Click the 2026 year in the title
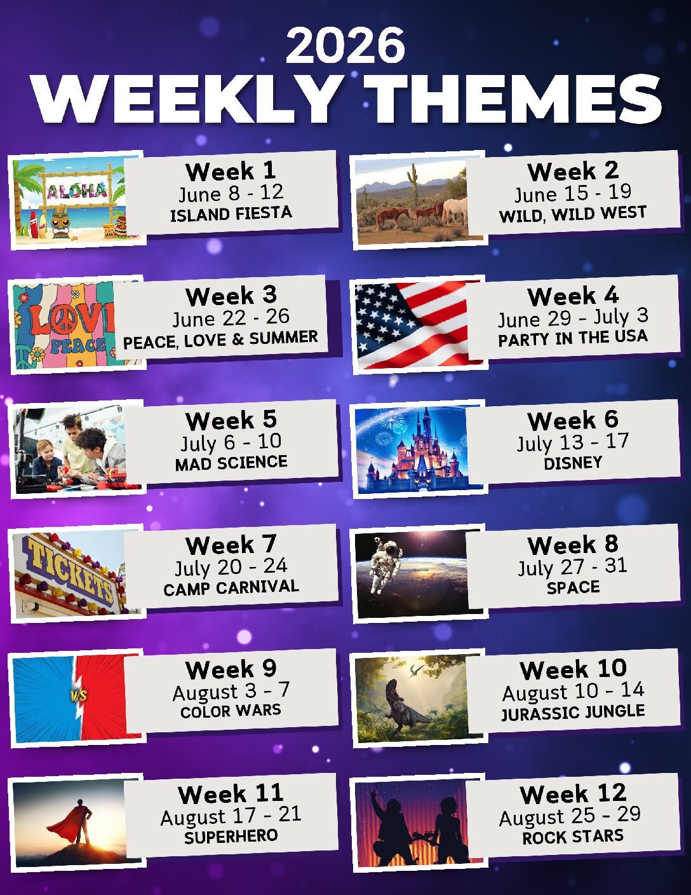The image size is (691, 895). (x=345, y=45)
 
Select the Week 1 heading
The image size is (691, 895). (x=231, y=171)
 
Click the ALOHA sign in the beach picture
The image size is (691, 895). (x=77, y=190)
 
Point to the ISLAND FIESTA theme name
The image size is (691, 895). (x=231, y=214)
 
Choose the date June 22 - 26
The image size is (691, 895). (x=231, y=318)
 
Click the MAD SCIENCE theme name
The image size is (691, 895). (x=231, y=463)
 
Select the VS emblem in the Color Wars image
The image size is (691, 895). (x=78, y=695)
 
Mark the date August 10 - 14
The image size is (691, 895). (x=573, y=692)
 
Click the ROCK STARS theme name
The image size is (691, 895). (x=572, y=837)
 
